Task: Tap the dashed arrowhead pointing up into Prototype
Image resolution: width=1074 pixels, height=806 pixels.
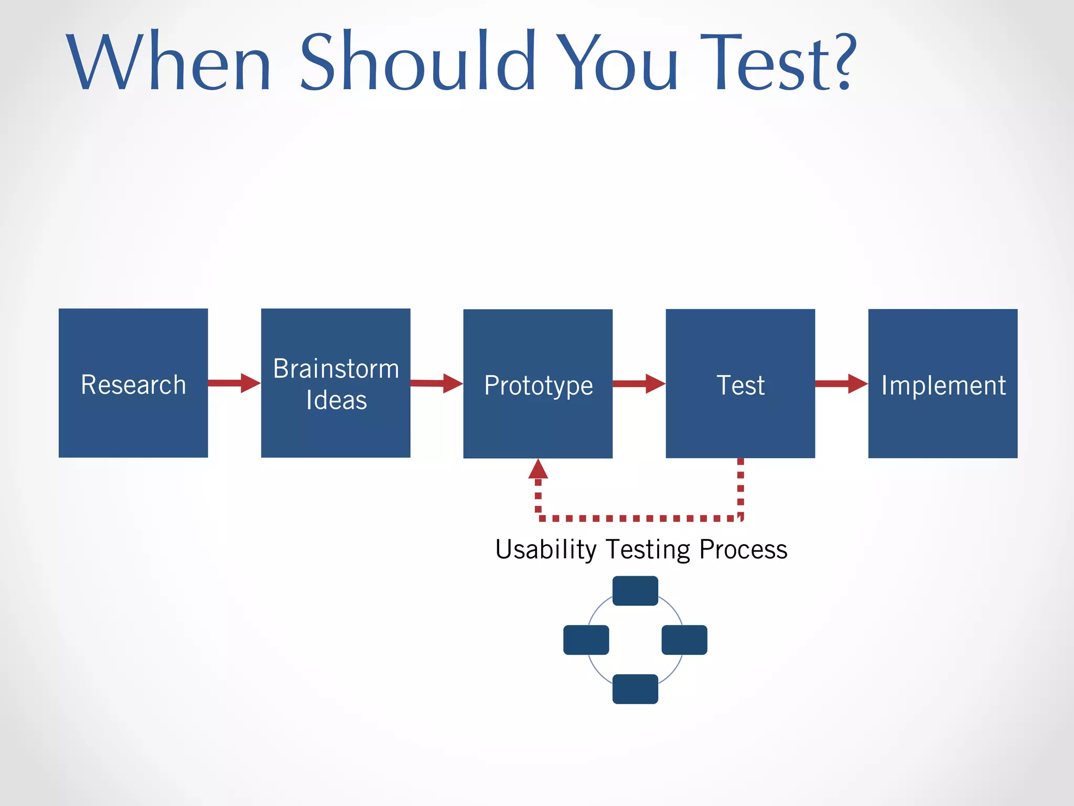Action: pyautogui.click(x=538, y=470)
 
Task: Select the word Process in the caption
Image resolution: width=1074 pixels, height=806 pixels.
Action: pyautogui.click(x=743, y=550)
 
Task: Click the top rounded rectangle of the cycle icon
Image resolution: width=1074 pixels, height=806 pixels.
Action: pyautogui.click(x=635, y=591)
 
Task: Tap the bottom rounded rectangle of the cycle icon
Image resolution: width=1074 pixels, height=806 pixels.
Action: pyautogui.click(x=635, y=689)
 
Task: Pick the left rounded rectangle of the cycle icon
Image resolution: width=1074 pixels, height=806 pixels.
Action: pyautogui.click(x=586, y=640)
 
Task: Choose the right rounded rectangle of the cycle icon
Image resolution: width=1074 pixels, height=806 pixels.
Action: pyautogui.click(x=684, y=640)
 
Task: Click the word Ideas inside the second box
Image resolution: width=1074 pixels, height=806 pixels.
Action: pyautogui.click(x=336, y=400)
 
